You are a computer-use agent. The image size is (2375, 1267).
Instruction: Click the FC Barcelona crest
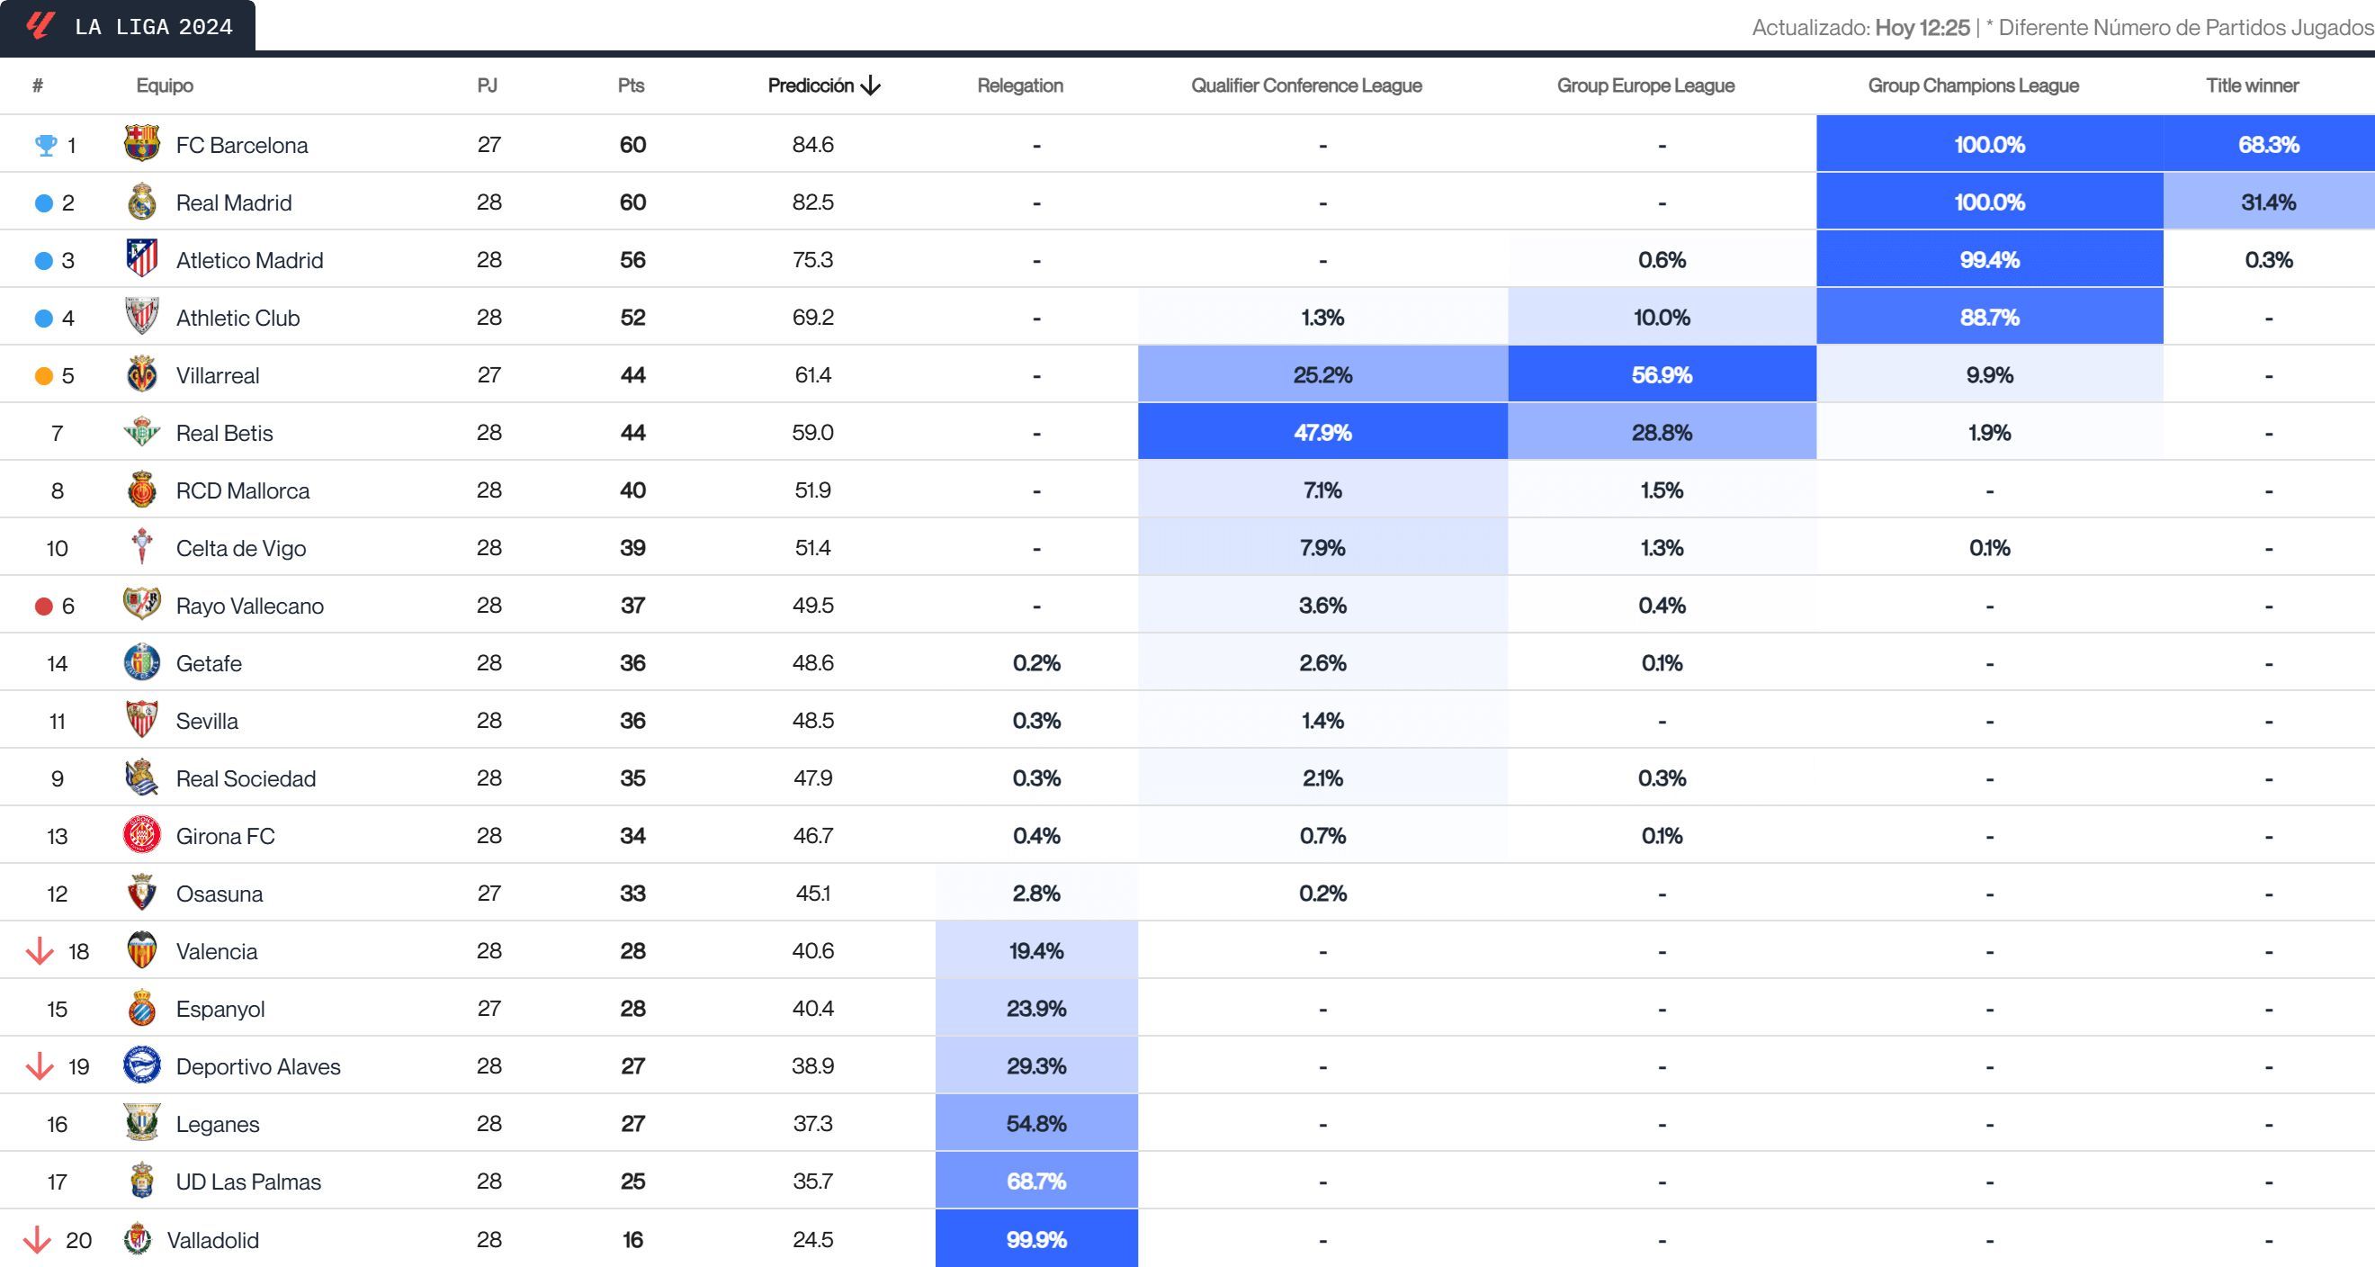point(141,144)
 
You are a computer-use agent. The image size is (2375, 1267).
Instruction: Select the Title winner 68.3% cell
point(2268,145)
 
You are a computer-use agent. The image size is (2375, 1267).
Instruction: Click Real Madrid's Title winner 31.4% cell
point(2268,202)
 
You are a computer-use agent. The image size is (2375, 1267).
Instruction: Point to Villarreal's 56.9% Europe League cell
point(1662,375)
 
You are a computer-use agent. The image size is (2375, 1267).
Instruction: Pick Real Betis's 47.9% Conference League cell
point(1322,433)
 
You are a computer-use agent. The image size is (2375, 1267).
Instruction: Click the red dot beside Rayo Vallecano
point(43,606)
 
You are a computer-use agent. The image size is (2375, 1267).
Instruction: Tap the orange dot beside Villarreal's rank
point(43,375)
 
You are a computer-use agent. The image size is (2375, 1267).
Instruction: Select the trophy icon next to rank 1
point(45,145)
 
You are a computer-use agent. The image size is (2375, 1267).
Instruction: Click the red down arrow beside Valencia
point(40,951)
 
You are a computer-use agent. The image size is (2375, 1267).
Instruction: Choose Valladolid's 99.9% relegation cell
point(1036,1239)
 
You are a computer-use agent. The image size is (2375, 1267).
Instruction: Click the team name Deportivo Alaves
point(258,1067)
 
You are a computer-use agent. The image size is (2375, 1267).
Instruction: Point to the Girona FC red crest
point(141,835)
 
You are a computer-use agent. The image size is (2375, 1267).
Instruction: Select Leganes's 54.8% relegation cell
point(1036,1124)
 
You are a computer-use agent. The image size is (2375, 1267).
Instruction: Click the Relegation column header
point(1019,85)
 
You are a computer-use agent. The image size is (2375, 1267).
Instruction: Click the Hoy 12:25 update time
point(1922,28)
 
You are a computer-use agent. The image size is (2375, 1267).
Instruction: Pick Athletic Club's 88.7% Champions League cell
point(1989,318)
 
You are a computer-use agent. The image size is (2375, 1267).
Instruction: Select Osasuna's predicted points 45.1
point(812,894)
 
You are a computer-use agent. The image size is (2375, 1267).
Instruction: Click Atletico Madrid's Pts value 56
point(632,260)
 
